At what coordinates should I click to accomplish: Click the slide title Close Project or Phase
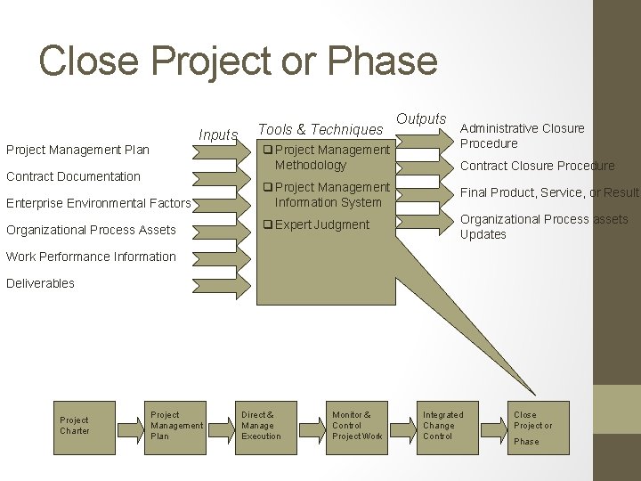(x=239, y=61)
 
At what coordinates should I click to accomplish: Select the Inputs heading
(x=218, y=135)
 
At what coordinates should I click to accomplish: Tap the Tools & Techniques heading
(x=320, y=130)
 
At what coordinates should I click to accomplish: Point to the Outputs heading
(x=421, y=118)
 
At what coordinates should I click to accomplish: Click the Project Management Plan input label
(x=78, y=150)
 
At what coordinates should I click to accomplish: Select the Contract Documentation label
(x=73, y=176)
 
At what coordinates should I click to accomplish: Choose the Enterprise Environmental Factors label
(x=98, y=203)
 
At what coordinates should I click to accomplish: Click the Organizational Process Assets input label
(x=91, y=230)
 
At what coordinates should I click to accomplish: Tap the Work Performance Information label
(x=91, y=257)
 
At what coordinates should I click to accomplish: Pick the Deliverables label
(x=40, y=283)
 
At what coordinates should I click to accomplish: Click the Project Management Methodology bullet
(x=325, y=157)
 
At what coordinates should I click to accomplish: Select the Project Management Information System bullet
(x=325, y=194)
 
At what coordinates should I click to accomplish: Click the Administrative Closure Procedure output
(x=522, y=135)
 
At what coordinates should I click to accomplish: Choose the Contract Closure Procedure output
(x=537, y=166)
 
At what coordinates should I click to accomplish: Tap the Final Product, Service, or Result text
(x=548, y=192)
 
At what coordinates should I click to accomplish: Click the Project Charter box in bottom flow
(x=75, y=426)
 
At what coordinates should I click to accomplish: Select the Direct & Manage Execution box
(x=261, y=426)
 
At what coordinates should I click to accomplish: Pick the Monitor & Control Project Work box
(x=356, y=426)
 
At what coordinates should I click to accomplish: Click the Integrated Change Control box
(x=442, y=426)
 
